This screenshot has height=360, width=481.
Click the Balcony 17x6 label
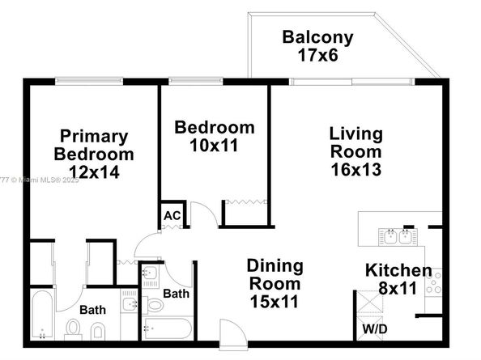pyautogui.click(x=317, y=46)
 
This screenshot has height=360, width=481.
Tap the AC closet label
pyautogui.click(x=172, y=216)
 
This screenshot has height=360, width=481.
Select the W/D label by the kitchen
pyautogui.click(x=375, y=329)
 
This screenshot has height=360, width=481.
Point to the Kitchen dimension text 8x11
pyautogui.click(x=398, y=288)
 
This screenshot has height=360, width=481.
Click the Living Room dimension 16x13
pyautogui.click(x=356, y=169)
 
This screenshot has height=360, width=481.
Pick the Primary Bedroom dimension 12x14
pyautogui.click(x=94, y=172)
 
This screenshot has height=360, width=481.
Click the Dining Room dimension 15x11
pyautogui.click(x=274, y=302)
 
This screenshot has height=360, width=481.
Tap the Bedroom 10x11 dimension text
pyautogui.click(x=214, y=146)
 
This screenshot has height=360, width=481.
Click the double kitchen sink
pyautogui.click(x=398, y=237)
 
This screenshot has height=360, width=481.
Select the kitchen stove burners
pyautogui.click(x=433, y=282)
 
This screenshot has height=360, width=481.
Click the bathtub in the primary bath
pyautogui.click(x=42, y=315)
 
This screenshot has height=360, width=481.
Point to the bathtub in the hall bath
pyautogui.click(x=168, y=328)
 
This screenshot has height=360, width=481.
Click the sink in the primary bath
pyautogui.click(x=129, y=304)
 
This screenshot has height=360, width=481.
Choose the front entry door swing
pyautogui.click(x=234, y=333)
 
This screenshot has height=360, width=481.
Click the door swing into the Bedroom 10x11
pyautogui.click(x=205, y=214)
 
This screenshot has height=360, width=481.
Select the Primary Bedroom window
pyautogui.click(x=89, y=81)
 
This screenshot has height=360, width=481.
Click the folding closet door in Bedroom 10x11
pyautogui.click(x=245, y=202)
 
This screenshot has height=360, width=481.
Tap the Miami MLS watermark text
pyautogui.click(x=39, y=180)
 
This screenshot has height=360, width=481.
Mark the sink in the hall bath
pyautogui.click(x=150, y=273)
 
